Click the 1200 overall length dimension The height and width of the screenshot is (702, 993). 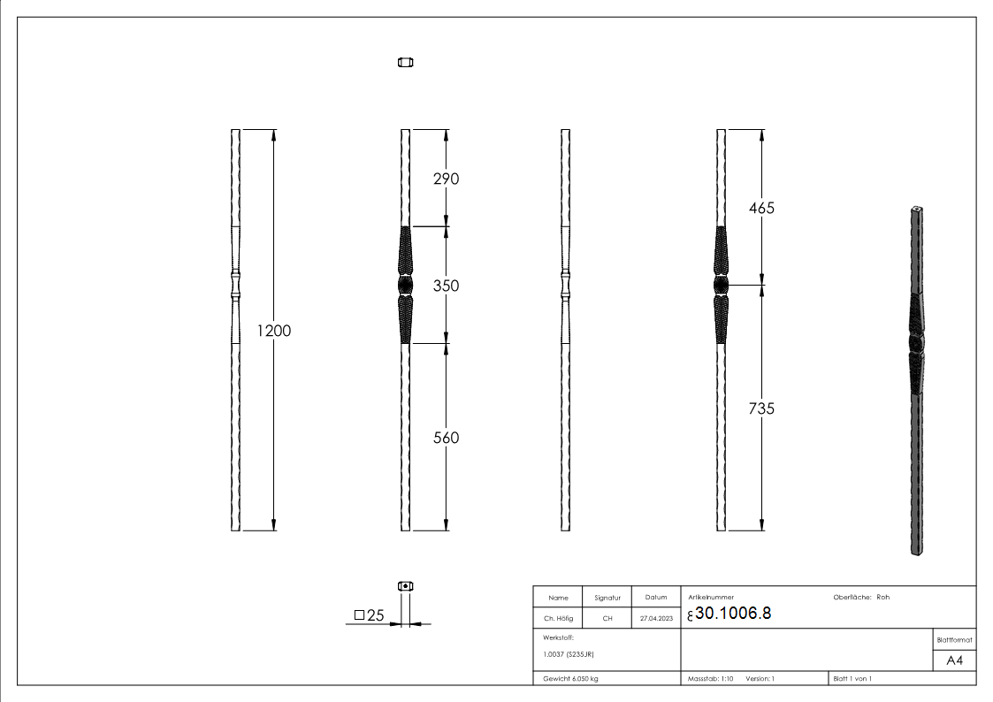click(273, 331)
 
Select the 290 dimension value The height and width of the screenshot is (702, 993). click(445, 179)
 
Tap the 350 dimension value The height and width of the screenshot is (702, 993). click(445, 286)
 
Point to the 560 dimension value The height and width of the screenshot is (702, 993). click(445, 438)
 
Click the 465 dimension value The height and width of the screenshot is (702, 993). click(760, 208)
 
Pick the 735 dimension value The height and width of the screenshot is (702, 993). click(760, 408)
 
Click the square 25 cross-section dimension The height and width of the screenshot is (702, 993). click(370, 615)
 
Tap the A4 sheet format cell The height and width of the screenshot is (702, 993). click(954, 660)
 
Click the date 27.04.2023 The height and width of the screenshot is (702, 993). click(656, 619)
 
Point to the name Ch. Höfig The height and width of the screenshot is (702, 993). click(558, 619)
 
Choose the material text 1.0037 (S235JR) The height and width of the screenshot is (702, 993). click(568, 654)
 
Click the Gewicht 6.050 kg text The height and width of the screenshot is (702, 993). click(571, 679)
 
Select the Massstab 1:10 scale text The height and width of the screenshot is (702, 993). click(711, 679)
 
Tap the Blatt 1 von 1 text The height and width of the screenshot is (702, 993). click(852, 679)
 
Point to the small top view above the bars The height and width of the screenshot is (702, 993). click(406, 62)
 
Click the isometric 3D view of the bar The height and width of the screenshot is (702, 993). click(917, 380)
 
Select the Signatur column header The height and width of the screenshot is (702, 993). click(607, 598)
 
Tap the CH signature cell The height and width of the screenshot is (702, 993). click(607, 619)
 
